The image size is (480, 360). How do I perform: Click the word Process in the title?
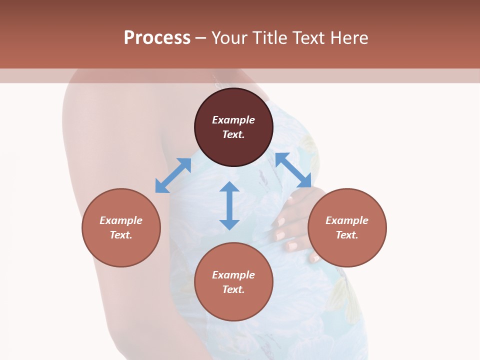point(157,38)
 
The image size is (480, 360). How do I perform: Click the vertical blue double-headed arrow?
point(229,205)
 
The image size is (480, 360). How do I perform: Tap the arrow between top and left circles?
point(173,175)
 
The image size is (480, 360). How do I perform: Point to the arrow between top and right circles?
point(293,170)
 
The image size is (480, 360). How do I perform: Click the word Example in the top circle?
point(233,120)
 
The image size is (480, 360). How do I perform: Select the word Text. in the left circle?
point(121,235)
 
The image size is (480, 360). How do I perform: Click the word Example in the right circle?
point(347,220)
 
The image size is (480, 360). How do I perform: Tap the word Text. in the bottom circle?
point(233,289)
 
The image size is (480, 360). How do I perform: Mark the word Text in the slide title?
point(308,38)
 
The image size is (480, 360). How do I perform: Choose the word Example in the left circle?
point(121,220)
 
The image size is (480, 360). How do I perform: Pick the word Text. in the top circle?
point(233,134)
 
